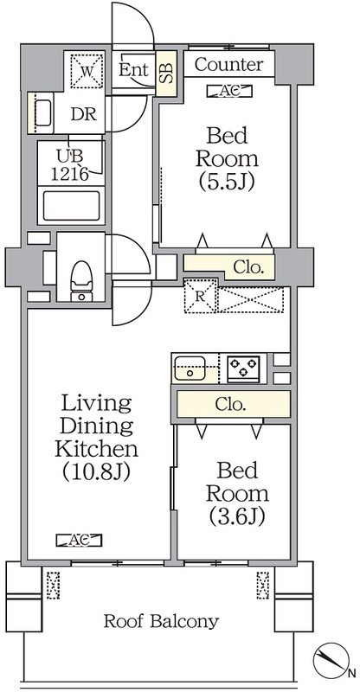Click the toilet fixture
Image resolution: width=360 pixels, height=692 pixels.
pyautogui.click(x=80, y=280)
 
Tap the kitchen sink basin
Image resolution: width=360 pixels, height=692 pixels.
pyautogui.click(x=189, y=368)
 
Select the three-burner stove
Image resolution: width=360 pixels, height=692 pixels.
pyautogui.click(x=243, y=368)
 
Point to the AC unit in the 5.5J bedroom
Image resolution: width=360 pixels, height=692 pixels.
pyautogui.click(x=229, y=91)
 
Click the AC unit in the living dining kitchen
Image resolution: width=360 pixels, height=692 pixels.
pyautogui.click(x=80, y=540)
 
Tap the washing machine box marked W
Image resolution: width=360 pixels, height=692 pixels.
pyautogui.click(x=87, y=71)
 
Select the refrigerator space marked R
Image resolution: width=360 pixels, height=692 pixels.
pyautogui.click(x=200, y=296)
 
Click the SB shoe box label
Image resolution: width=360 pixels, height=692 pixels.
pyautogui.click(x=166, y=74)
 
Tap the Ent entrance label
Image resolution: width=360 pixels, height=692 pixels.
pyautogui.click(x=134, y=70)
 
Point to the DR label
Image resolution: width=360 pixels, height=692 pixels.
pyautogui.click(x=84, y=114)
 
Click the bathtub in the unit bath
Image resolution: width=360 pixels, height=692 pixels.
pyautogui.click(x=71, y=206)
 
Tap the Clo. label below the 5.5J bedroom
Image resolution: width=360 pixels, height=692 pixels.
pyautogui.click(x=248, y=268)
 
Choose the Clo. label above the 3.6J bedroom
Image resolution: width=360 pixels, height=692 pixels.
pyautogui.click(x=230, y=404)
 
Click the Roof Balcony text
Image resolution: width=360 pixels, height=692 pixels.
pyautogui.click(x=161, y=621)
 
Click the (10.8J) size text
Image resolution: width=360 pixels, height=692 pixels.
pyautogui.click(x=95, y=472)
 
